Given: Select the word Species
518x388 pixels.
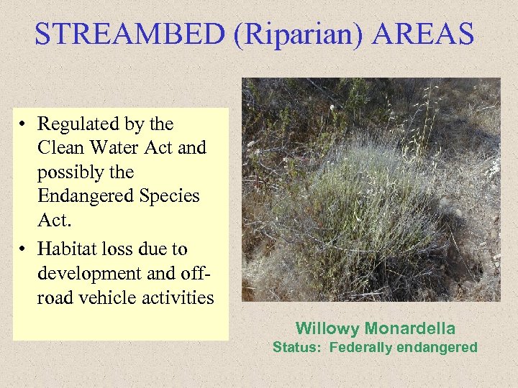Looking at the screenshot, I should [167, 196].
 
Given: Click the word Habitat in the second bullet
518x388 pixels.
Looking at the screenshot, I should [67, 249].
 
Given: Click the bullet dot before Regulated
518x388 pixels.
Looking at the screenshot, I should [24, 125].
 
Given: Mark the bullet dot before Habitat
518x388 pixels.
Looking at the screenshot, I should [24, 250].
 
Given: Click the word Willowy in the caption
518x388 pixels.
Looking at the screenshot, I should [327, 329].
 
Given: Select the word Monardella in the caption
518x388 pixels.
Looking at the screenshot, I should [409, 329].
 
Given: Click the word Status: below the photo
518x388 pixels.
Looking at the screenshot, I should [297, 348].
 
